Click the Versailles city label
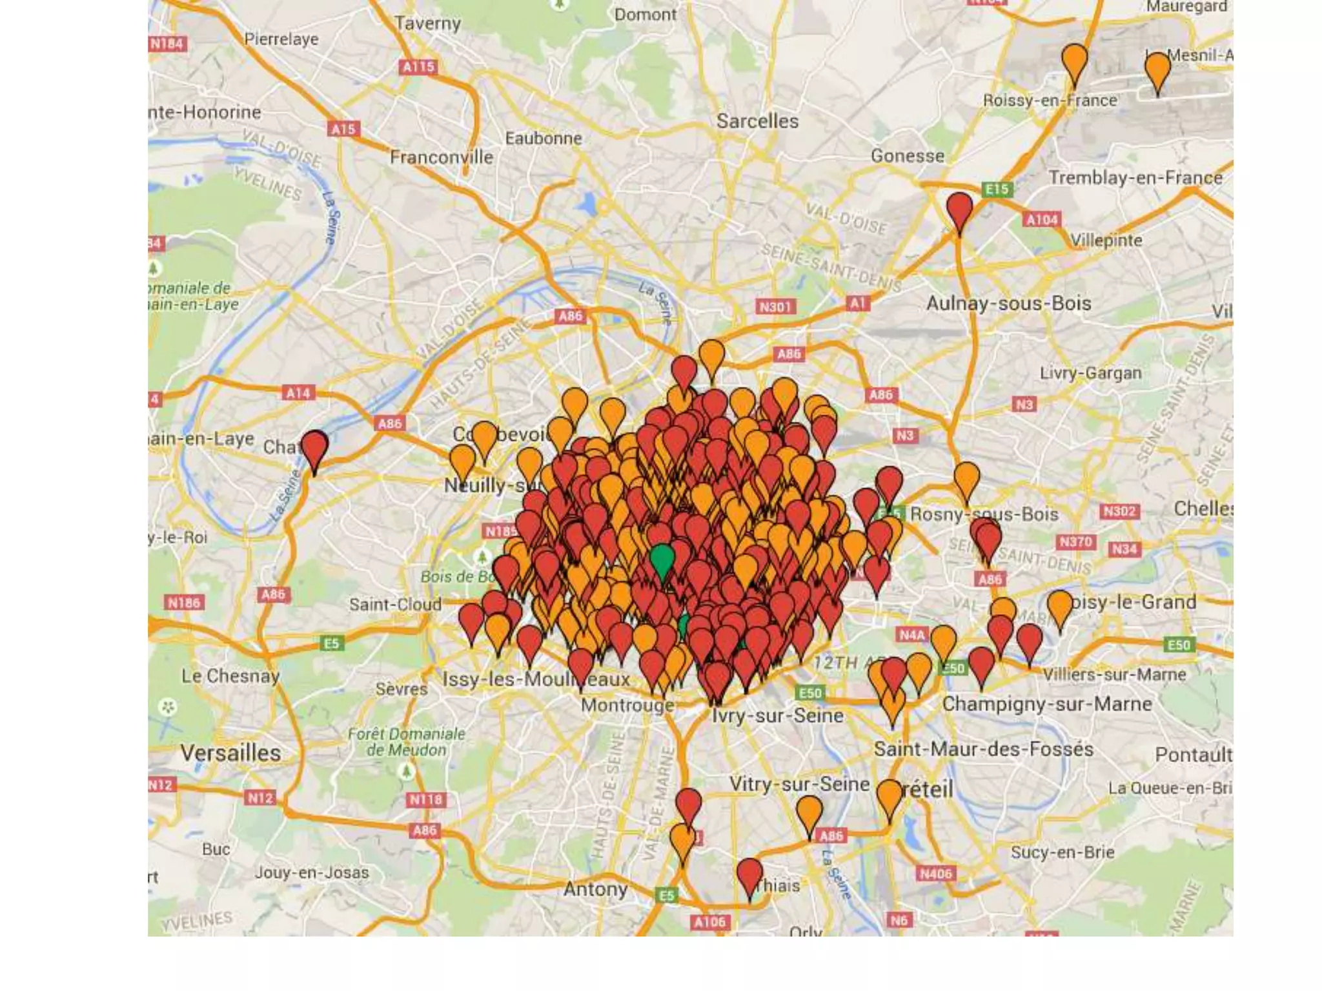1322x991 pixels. pos(230,753)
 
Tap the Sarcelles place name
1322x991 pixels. pos(757,121)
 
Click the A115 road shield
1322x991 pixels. pos(418,67)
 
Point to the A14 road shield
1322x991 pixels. pos(298,393)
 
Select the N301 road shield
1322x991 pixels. pos(775,307)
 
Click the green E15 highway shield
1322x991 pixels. pos(997,190)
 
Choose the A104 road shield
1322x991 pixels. pos(1042,220)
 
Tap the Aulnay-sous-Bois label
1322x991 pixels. pos(1008,303)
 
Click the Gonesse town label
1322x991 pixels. pos(907,155)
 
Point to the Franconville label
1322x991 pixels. pos(442,157)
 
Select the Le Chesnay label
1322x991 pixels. pos(230,676)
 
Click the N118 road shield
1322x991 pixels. pos(426,800)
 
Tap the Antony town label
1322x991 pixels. pos(595,889)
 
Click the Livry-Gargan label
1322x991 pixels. pos(1090,373)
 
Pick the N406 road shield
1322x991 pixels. pos(935,874)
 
